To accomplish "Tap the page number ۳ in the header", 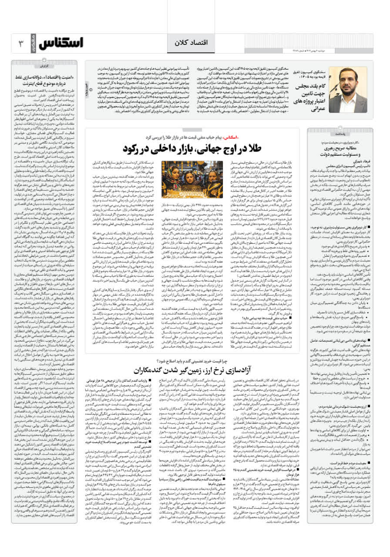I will pos(20,44).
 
